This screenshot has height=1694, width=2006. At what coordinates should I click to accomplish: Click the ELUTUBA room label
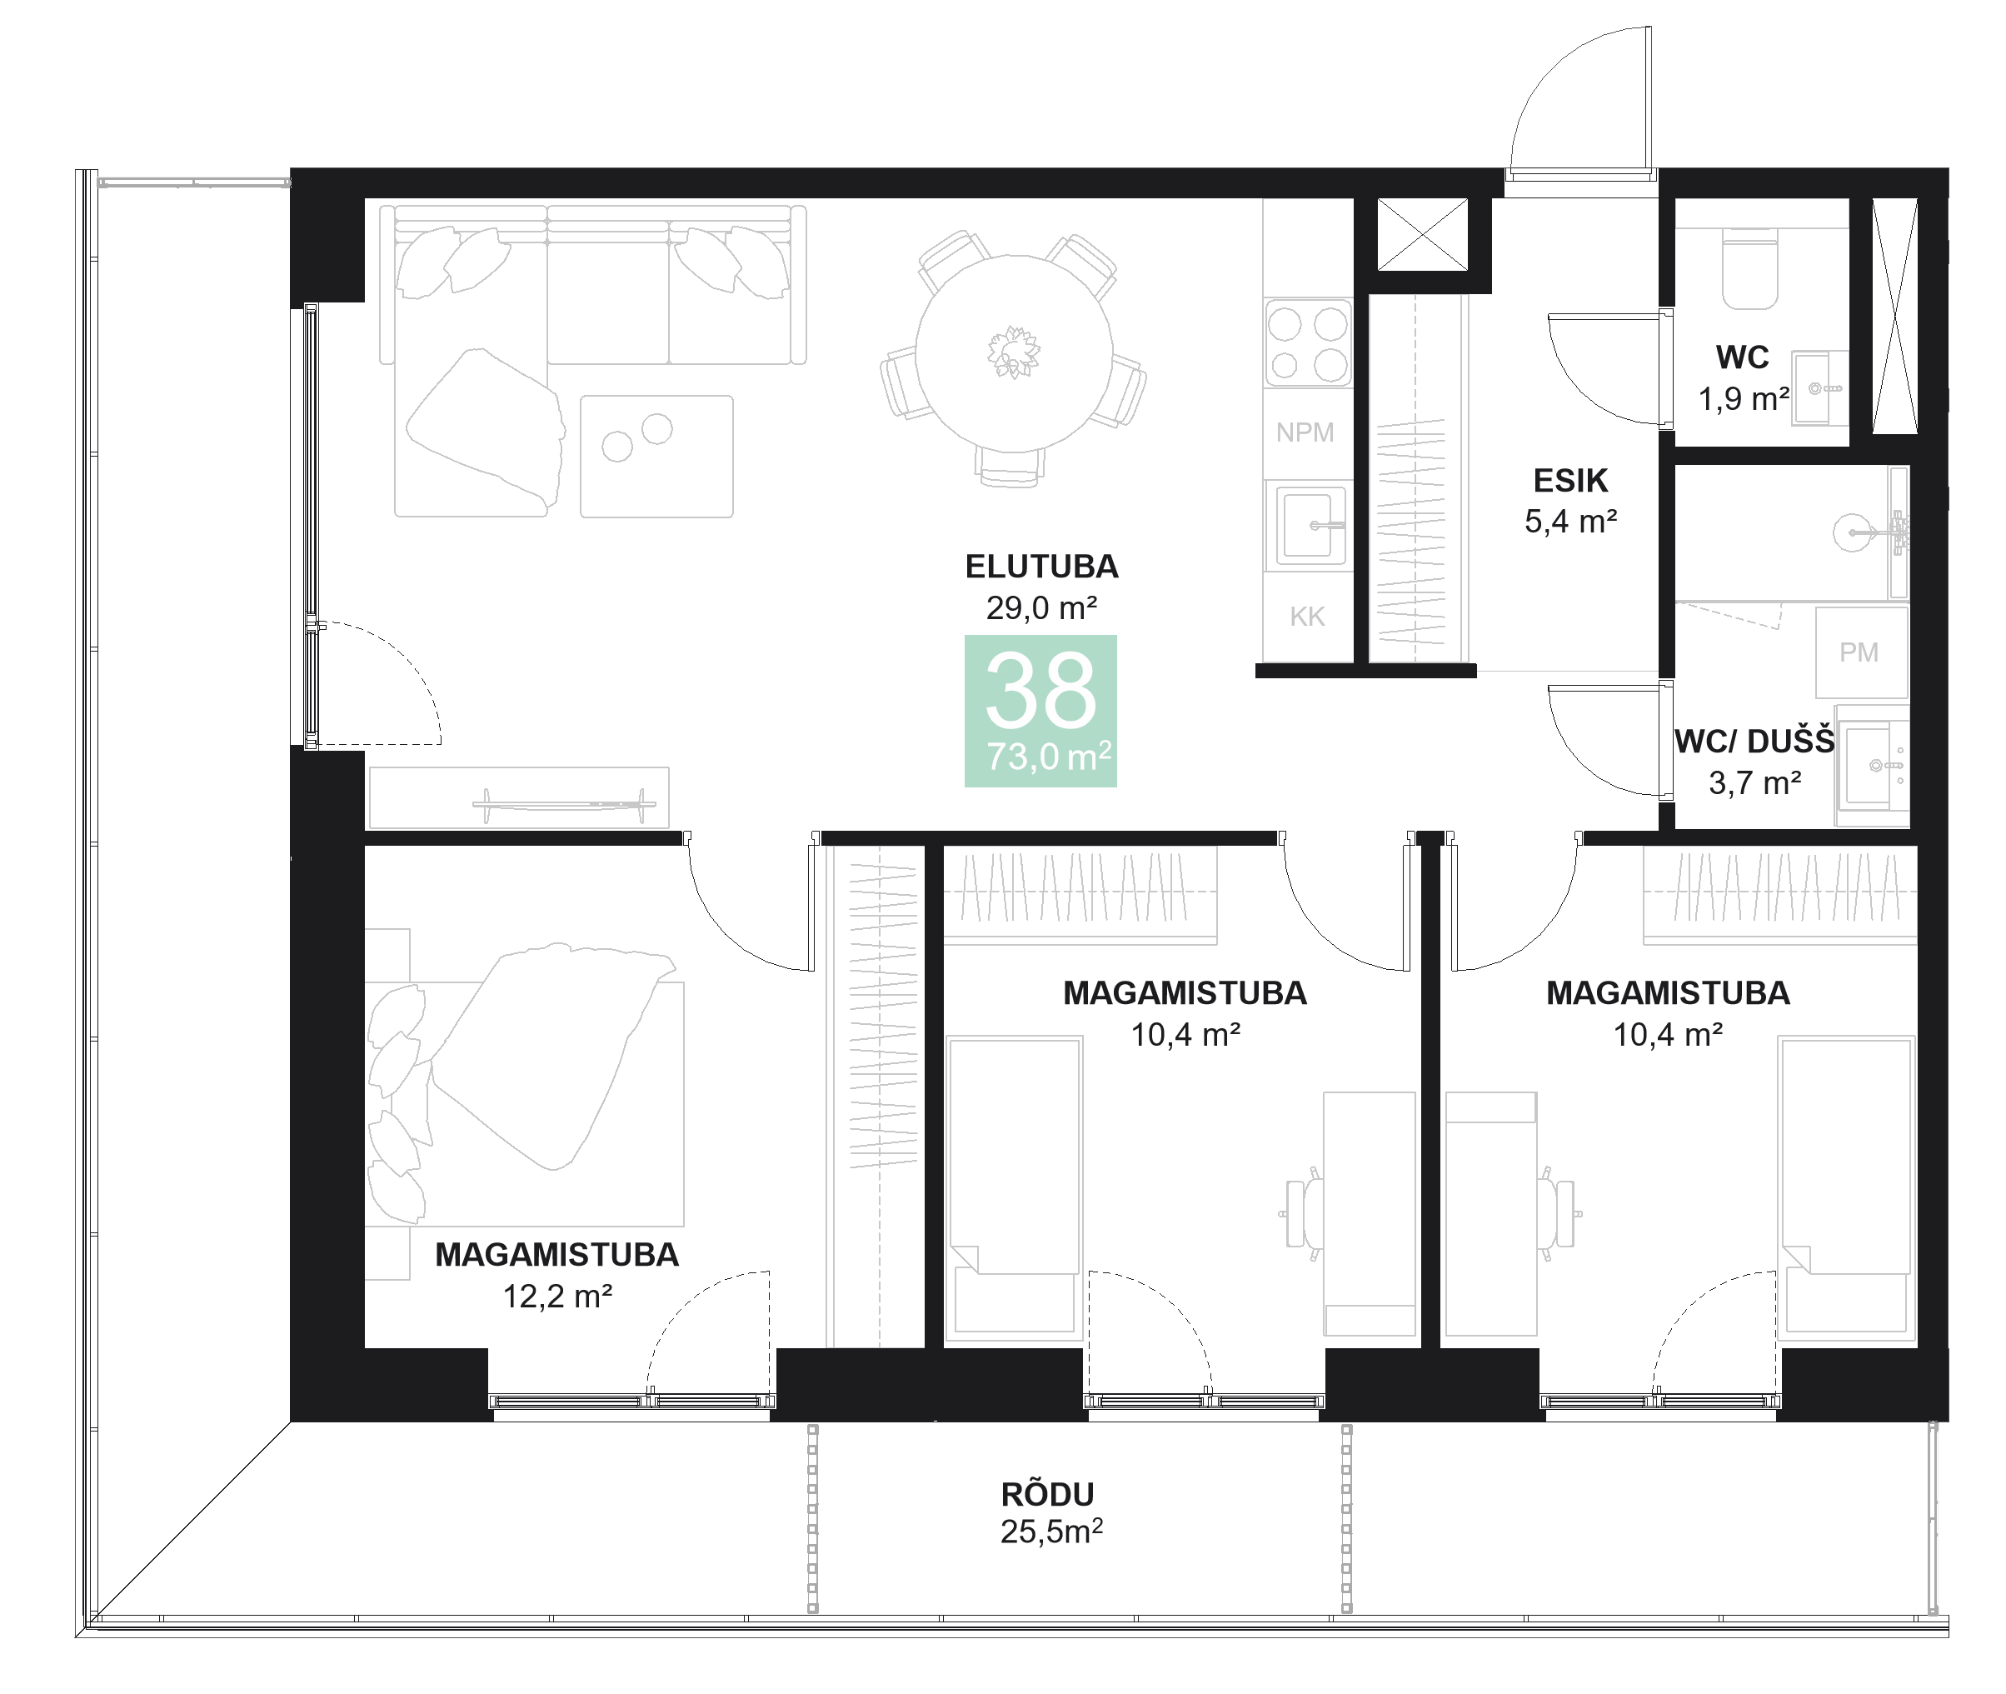pyautogui.click(x=1041, y=567)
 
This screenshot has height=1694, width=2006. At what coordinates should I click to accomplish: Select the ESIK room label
pyautogui.click(x=1570, y=480)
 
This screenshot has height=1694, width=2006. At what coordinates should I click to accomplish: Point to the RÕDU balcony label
pyautogui.click(x=1048, y=1494)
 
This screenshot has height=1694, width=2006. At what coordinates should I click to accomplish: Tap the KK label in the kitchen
pyautogui.click(x=1307, y=617)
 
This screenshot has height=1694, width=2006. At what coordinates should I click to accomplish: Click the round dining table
pyautogui.click(x=1013, y=353)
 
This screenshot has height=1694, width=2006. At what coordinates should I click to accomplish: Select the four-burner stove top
pyautogui.click(x=1307, y=342)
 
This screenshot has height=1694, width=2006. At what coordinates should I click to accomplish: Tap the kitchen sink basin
pyautogui.click(x=1307, y=525)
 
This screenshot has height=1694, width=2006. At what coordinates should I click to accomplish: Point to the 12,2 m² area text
pyautogui.click(x=557, y=1297)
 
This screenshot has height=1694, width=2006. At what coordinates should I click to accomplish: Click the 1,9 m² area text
pyautogui.click(x=1743, y=399)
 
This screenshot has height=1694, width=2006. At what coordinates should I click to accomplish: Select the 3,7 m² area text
pyautogui.click(x=1754, y=783)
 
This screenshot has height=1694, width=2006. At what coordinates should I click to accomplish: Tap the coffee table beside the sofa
pyautogui.click(x=656, y=456)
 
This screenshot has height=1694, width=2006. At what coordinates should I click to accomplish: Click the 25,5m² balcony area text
pyautogui.click(x=1050, y=1532)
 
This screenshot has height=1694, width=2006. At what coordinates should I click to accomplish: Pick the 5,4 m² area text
pyautogui.click(x=1570, y=522)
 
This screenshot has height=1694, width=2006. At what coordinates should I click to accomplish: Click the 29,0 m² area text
pyautogui.click(x=1041, y=608)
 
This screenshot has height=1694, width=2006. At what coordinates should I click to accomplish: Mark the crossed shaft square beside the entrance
pyautogui.click(x=1422, y=233)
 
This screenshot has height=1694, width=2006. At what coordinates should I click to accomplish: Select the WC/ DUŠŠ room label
pyautogui.click(x=1754, y=742)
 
